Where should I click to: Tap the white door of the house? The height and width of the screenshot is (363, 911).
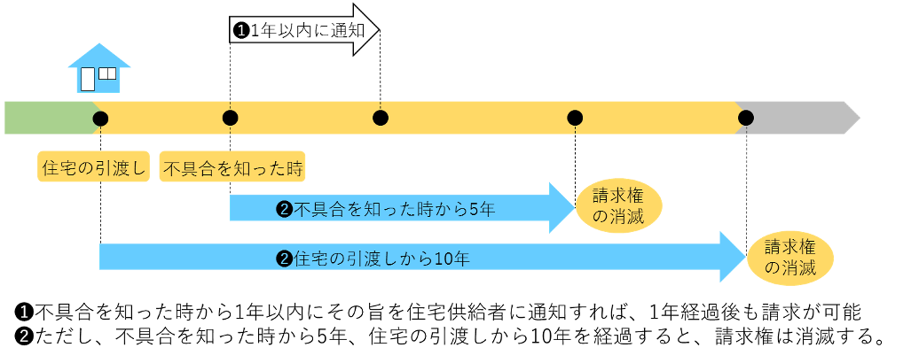coord(88,79)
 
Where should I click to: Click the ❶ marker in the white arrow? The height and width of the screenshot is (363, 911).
coord(240,30)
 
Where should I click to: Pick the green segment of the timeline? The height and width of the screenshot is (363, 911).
coord(49,118)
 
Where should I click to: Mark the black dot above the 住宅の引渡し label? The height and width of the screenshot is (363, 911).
coord(100,118)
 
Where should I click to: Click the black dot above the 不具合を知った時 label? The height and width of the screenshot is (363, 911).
coord(231,118)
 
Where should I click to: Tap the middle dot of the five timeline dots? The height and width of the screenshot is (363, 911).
coord(381,118)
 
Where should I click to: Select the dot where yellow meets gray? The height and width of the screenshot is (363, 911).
coord(746,118)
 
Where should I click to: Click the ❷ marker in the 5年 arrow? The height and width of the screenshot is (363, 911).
coord(285,210)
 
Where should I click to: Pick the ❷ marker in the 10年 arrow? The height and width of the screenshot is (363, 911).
coord(285,259)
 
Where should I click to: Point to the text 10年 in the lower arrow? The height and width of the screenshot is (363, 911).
coord(452,259)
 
